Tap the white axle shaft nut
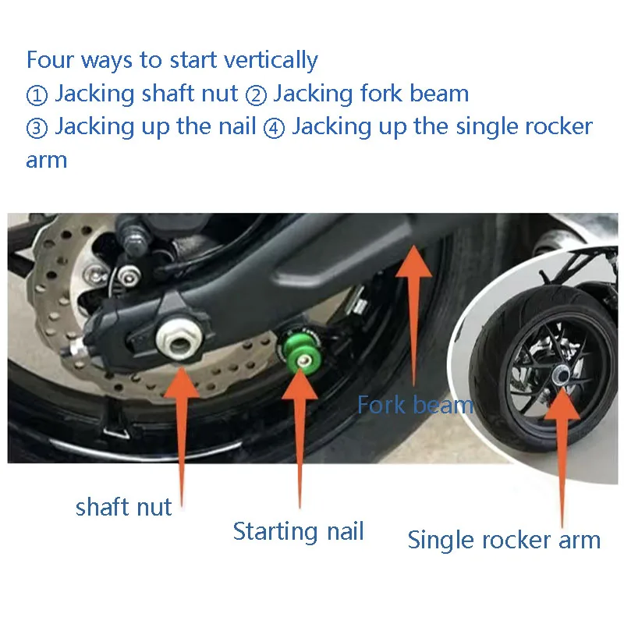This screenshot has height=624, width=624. pyautogui.click(x=179, y=340)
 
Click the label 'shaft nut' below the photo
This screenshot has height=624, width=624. pyautogui.click(x=123, y=508)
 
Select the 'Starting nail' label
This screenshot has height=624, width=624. pyautogui.click(x=299, y=532)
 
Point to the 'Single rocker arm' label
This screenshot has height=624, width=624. pyautogui.click(x=504, y=540)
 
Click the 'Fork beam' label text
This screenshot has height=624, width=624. pyautogui.click(x=415, y=405)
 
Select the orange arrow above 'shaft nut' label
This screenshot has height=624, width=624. pyautogui.click(x=182, y=437)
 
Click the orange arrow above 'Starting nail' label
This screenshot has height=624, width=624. pyautogui.click(x=300, y=438)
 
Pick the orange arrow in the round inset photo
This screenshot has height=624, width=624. pyautogui.click(x=562, y=458)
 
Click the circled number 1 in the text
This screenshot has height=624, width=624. pyautogui.click(x=37, y=95)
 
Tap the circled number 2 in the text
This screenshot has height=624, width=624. pyautogui.click(x=256, y=95)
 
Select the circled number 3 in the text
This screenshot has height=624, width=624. pyautogui.click(x=37, y=129)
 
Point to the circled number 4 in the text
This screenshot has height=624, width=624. pyautogui.click(x=275, y=129)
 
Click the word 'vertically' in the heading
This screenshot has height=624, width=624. pyautogui.click(x=271, y=61)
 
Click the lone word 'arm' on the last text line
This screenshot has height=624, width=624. pyautogui.click(x=47, y=161)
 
